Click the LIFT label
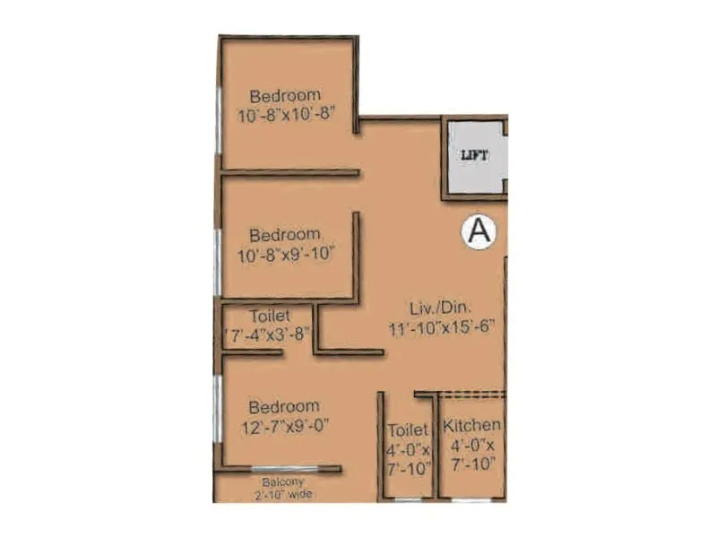pyautogui.click(x=474, y=154)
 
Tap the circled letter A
pyautogui.click(x=478, y=231)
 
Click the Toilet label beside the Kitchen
pyautogui.click(x=408, y=430)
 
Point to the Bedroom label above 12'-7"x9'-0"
pyautogui.click(x=284, y=405)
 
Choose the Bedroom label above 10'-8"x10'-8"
pyautogui.click(x=285, y=96)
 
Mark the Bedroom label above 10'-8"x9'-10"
pyautogui.click(x=284, y=235)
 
